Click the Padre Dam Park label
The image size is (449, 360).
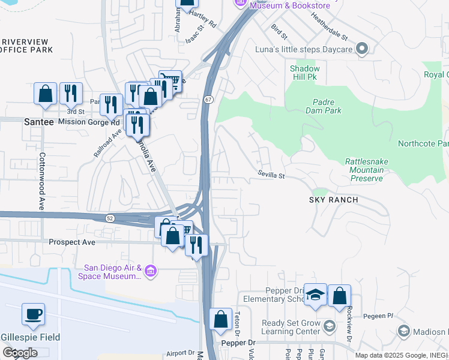327,106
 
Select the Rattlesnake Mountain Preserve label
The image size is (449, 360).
364,170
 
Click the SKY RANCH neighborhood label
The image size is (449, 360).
334,200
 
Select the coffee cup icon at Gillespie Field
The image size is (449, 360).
33,314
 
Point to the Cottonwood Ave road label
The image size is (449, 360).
42,188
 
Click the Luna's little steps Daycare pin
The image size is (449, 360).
362,49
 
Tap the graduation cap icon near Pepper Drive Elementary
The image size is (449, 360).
315,295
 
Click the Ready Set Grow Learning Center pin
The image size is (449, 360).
329,326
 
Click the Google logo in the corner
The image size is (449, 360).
20,353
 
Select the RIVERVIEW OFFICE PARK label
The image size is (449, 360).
24,46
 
